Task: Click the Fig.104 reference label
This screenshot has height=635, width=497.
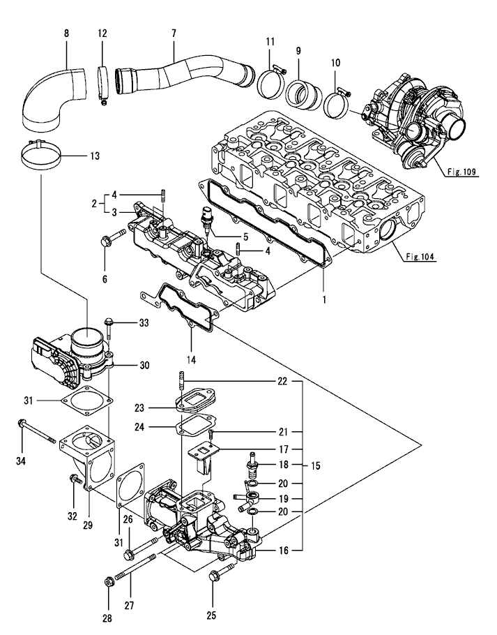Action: pyautogui.click(x=418, y=256)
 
